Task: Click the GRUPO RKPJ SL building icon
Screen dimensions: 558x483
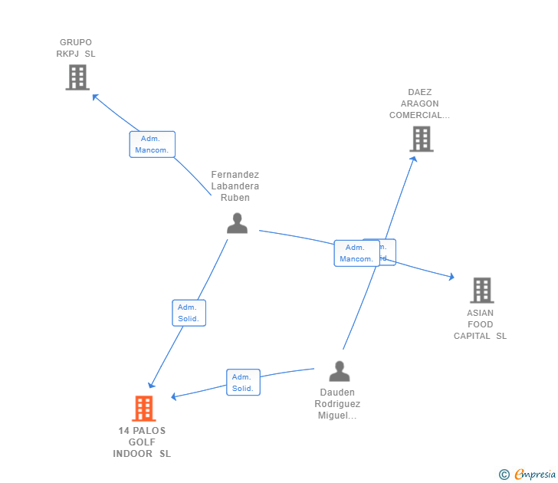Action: tap(77, 77)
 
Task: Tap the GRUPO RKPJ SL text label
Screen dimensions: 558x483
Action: tap(76, 48)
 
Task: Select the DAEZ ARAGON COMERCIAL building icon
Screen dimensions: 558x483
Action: tap(421, 139)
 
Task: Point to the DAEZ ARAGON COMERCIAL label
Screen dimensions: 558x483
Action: tap(419, 103)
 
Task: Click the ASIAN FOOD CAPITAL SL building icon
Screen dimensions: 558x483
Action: tap(481, 290)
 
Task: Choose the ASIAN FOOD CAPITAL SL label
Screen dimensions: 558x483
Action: tap(481, 324)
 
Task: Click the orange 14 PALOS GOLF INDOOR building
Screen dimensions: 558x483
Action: tap(143, 409)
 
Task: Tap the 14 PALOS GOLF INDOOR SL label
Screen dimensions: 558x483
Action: tap(142, 442)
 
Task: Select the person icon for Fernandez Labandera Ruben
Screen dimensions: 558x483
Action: tap(238, 222)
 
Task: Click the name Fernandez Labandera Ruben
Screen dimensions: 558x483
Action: tap(235, 186)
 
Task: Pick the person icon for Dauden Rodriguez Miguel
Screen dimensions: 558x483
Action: tap(339, 371)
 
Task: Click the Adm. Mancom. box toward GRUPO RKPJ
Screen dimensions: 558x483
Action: tap(153, 145)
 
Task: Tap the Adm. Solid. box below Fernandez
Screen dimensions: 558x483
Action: tap(189, 313)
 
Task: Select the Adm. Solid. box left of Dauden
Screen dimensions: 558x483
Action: tap(243, 383)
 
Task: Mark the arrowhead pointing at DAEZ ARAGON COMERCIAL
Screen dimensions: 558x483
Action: tap(413, 159)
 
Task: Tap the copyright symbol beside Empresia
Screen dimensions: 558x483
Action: tap(504, 475)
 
